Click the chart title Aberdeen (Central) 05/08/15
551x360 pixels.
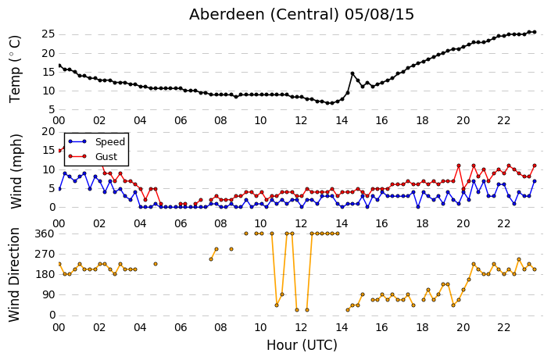(302, 15)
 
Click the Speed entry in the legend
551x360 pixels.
(97, 142)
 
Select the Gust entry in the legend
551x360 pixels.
(93, 157)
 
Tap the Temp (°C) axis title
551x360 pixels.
(16, 70)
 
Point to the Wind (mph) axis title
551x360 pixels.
(16, 171)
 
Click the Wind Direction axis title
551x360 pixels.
(14, 275)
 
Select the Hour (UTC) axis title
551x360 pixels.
(302, 345)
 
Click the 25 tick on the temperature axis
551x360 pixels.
(48, 34)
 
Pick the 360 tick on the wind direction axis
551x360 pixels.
(45, 234)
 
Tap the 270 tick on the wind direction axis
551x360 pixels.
(45, 255)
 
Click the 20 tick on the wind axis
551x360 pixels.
(48, 132)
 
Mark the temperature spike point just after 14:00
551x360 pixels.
(352, 73)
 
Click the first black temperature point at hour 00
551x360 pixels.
(59, 66)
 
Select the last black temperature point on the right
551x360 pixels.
(535, 32)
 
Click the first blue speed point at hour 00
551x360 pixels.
(59, 189)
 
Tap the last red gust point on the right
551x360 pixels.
(535, 166)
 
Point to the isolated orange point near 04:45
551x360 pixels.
(156, 264)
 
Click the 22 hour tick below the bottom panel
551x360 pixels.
(503, 328)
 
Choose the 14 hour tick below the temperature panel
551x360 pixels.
(342, 121)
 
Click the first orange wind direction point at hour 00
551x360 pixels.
(59, 264)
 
